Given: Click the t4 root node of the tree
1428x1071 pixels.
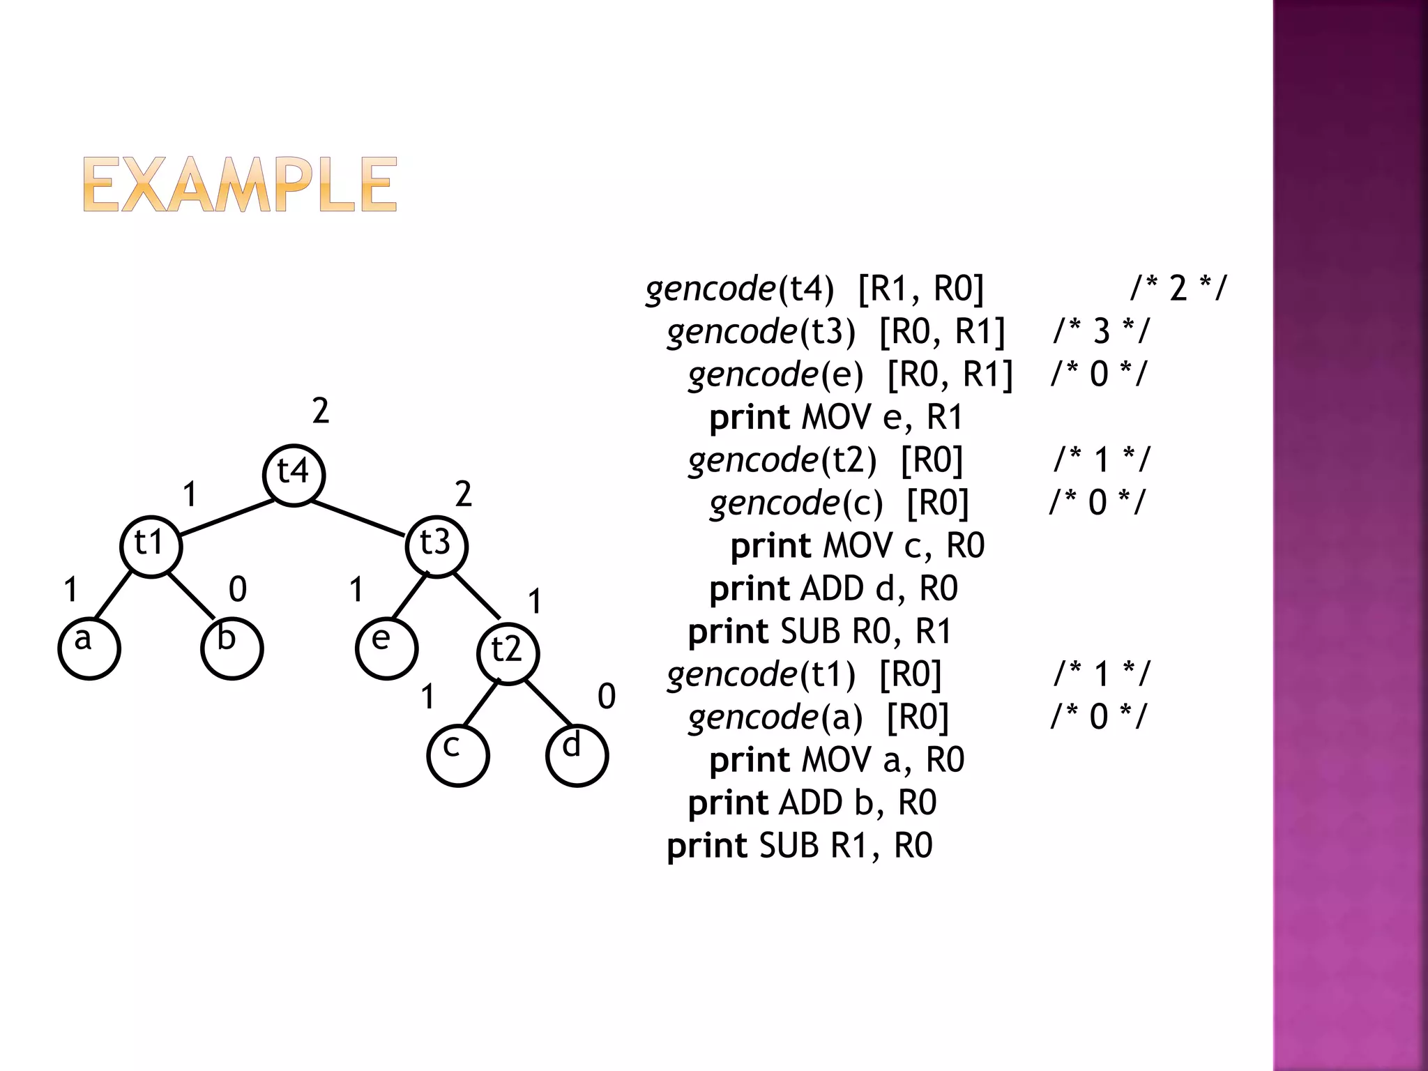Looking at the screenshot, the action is coord(294,475).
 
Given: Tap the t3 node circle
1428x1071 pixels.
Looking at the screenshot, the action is coord(436,546).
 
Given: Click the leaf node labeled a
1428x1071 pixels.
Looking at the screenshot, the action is coord(89,647).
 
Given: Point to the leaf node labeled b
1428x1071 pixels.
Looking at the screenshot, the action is coord(231,647).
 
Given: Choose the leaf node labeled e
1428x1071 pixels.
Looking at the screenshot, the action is coord(386,647).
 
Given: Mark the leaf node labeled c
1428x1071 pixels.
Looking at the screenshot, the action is coord(457,755).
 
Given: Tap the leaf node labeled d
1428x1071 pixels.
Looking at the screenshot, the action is coord(577,755).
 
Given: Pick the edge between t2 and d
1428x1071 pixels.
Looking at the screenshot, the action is coord(549,702).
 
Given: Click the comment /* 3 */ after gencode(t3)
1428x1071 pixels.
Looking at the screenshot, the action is coord(1101,331).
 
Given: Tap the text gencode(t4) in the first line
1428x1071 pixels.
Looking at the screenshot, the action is coord(740,289).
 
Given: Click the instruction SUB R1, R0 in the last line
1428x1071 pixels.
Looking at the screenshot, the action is coord(845,846).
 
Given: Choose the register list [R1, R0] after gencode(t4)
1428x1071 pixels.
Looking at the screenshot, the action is coord(921,289).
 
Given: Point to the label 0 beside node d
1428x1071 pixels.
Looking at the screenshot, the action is coord(607,697).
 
